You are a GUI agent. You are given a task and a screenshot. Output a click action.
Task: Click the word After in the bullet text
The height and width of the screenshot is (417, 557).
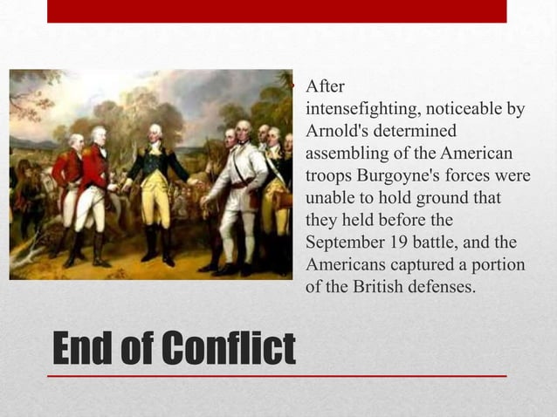pos(325,87)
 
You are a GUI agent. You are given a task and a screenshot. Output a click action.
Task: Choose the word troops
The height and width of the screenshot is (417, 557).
pos(327,175)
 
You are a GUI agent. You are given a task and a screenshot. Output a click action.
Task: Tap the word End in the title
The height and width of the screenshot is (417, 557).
pos(84,350)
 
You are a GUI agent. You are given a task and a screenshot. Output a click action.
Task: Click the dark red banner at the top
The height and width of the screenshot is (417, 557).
pos(276,10)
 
